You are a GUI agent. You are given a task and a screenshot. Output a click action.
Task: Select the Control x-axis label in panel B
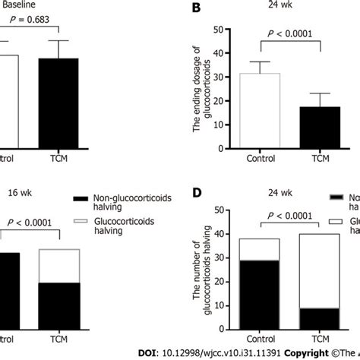pyautogui.click(x=260, y=158)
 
